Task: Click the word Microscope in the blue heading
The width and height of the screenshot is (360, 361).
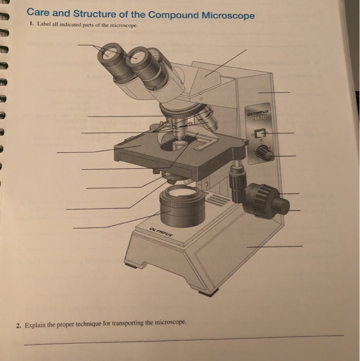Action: tap(224, 16)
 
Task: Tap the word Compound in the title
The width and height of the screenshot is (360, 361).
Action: tap(168, 15)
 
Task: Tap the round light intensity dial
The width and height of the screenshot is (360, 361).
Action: tap(264, 152)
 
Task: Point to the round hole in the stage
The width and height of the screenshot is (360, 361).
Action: tap(179, 145)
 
